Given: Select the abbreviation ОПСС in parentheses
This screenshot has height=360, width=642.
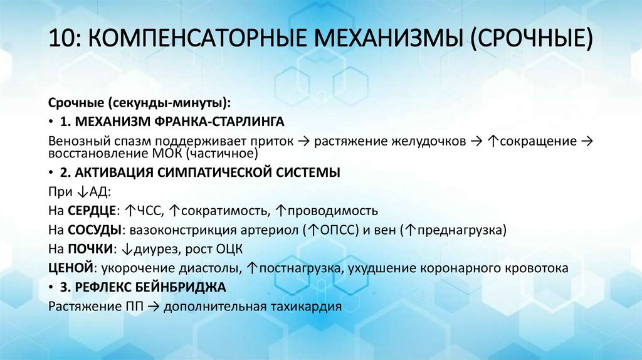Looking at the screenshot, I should (333, 230).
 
